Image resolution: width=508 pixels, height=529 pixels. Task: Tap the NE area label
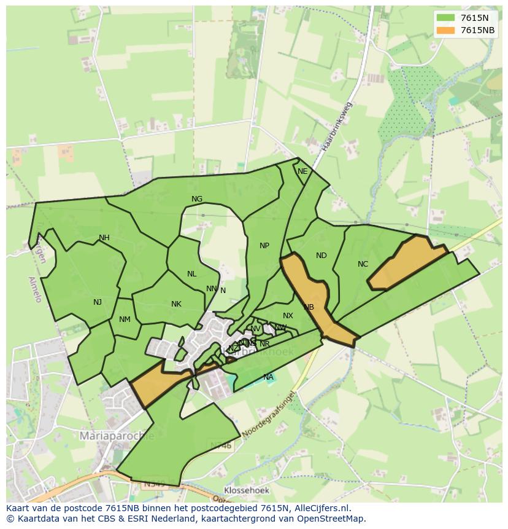302,171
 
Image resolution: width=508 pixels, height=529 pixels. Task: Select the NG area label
197,199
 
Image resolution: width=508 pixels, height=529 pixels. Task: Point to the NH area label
104,238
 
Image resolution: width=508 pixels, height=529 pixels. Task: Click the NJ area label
98,302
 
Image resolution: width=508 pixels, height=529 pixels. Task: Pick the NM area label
125,319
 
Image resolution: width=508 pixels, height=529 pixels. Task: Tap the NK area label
176,304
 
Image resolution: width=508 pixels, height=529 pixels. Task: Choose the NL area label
192,274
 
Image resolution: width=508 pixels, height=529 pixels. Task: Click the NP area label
264,246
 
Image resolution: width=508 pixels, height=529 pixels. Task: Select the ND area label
321,256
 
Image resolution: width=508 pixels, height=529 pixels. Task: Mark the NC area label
363,264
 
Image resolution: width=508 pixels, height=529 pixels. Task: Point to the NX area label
288,316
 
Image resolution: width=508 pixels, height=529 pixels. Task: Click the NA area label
268,377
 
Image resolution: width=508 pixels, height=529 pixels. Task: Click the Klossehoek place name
246,490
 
